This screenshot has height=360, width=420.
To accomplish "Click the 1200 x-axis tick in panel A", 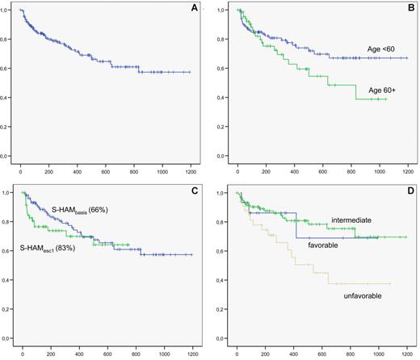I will (191, 173).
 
